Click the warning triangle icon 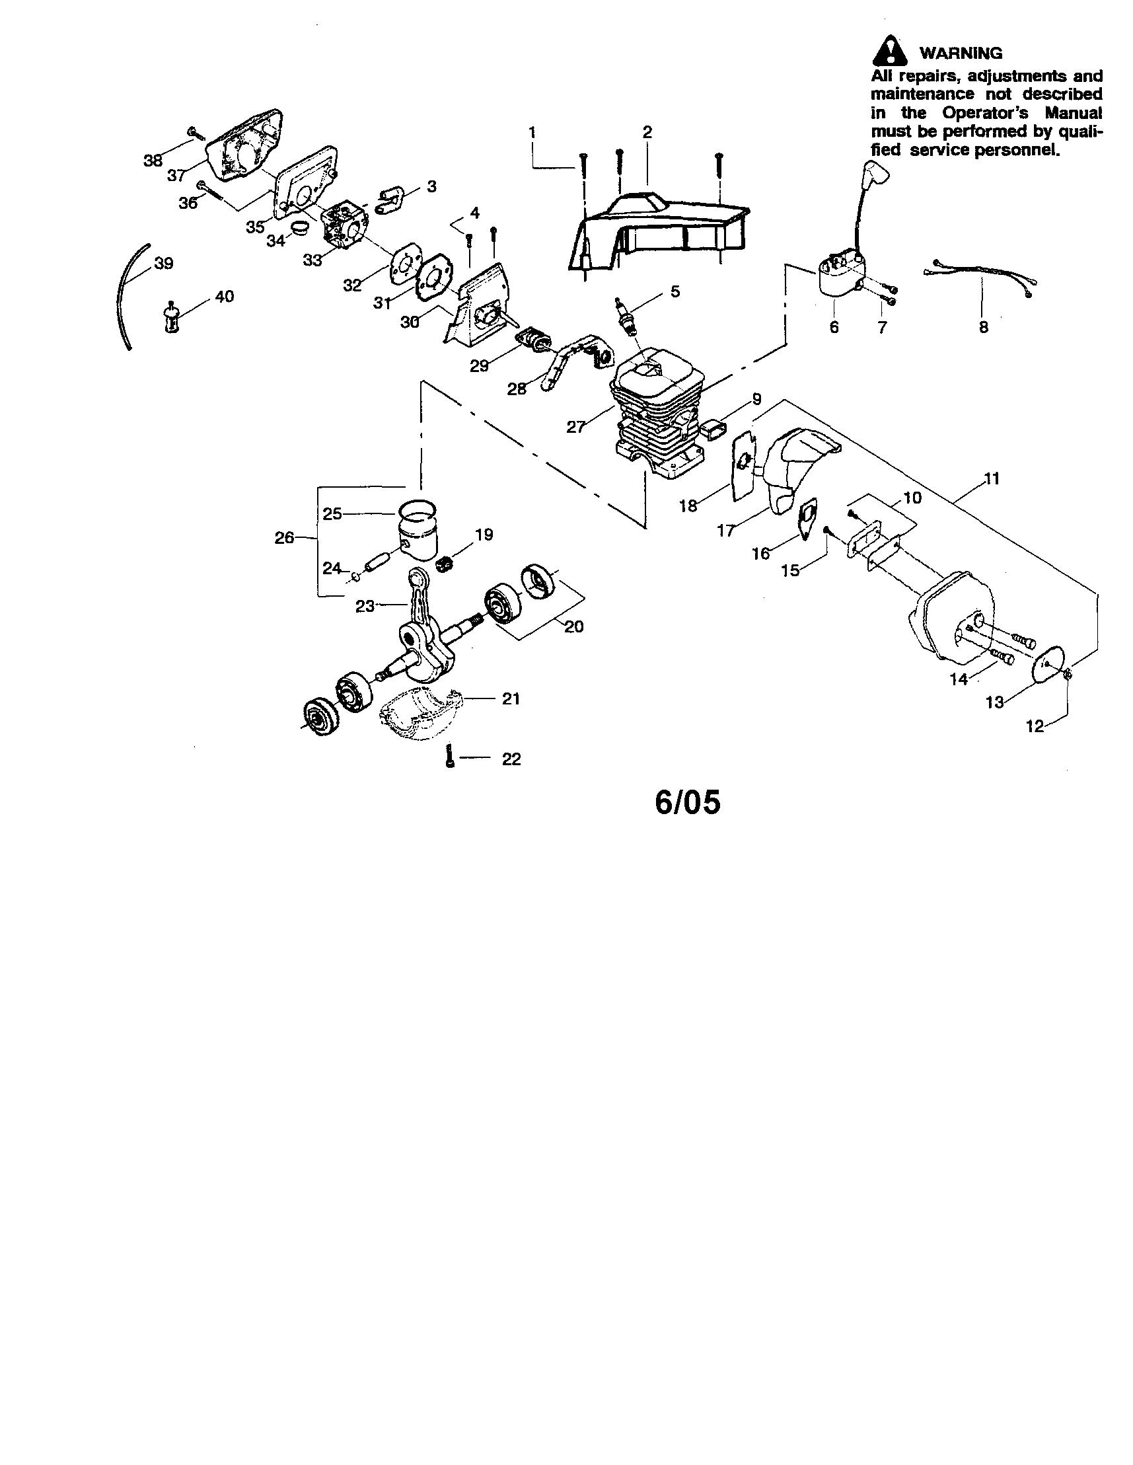tap(889, 50)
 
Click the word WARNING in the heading tap(961, 53)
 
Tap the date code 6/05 tap(688, 802)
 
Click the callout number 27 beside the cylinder tap(575, 427)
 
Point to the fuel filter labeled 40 tap(172, 319)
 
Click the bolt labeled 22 tap(450, 757)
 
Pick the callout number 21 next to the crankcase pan tap(511, 698)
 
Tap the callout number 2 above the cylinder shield tap(647, 132)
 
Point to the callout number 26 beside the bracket tap(285, 537)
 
